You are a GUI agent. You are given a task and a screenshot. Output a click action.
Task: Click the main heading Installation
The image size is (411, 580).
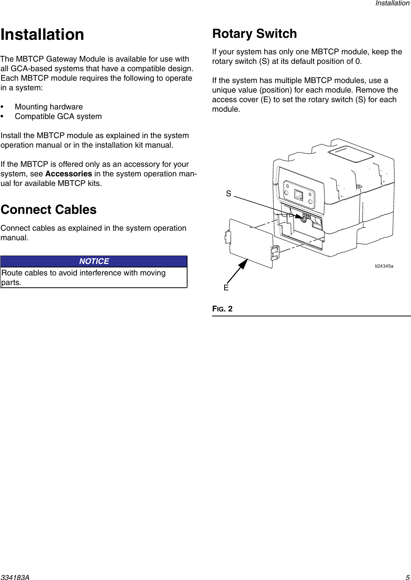pyautogui.click(x=42, y=34)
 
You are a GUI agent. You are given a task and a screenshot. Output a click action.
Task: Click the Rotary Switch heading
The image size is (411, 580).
pyautogui.click(x=254, y=34)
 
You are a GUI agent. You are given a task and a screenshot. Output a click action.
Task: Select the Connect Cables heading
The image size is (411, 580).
pyautogui.click(x=49, y=210)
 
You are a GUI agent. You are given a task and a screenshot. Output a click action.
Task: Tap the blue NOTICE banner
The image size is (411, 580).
pyautogui.click(x=94, y=261)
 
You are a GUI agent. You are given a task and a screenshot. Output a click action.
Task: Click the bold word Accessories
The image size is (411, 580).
pyautogui.click(x=68, y=174)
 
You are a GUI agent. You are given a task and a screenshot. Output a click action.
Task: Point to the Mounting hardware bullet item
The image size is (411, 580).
pyautogui.click(x=49, y=107)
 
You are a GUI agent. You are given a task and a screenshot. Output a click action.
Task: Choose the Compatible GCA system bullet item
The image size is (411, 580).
pyautogui.click(x=58, y=116)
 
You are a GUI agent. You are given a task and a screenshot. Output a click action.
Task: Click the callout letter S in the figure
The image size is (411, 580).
pyautogui.click(x=228, y=194)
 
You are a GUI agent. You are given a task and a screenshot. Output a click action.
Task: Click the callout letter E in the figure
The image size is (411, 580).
pyautogui.click(x=226, y=288)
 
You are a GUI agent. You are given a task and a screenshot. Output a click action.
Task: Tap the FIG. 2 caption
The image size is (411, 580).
pyautogui.click(x=222, y=309)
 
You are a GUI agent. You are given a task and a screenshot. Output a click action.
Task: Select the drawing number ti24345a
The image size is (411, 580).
pyautogui.click(x=384, y=266)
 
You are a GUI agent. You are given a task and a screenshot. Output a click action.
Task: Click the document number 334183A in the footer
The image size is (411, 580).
pyautogui.click(x=15, y=577)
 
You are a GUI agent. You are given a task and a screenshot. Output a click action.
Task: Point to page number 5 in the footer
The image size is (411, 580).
pyautogui.click(x=408, y=577)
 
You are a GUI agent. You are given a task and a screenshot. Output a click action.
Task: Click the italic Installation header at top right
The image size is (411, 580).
pyautogui.click(x=392, y=3)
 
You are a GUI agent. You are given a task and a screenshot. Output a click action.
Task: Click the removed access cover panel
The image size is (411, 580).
pyautogui.click(x=251, y=243)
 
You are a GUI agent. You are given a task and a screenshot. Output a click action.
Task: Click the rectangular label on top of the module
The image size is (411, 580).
pyautogui.click(x=351, y=154)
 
